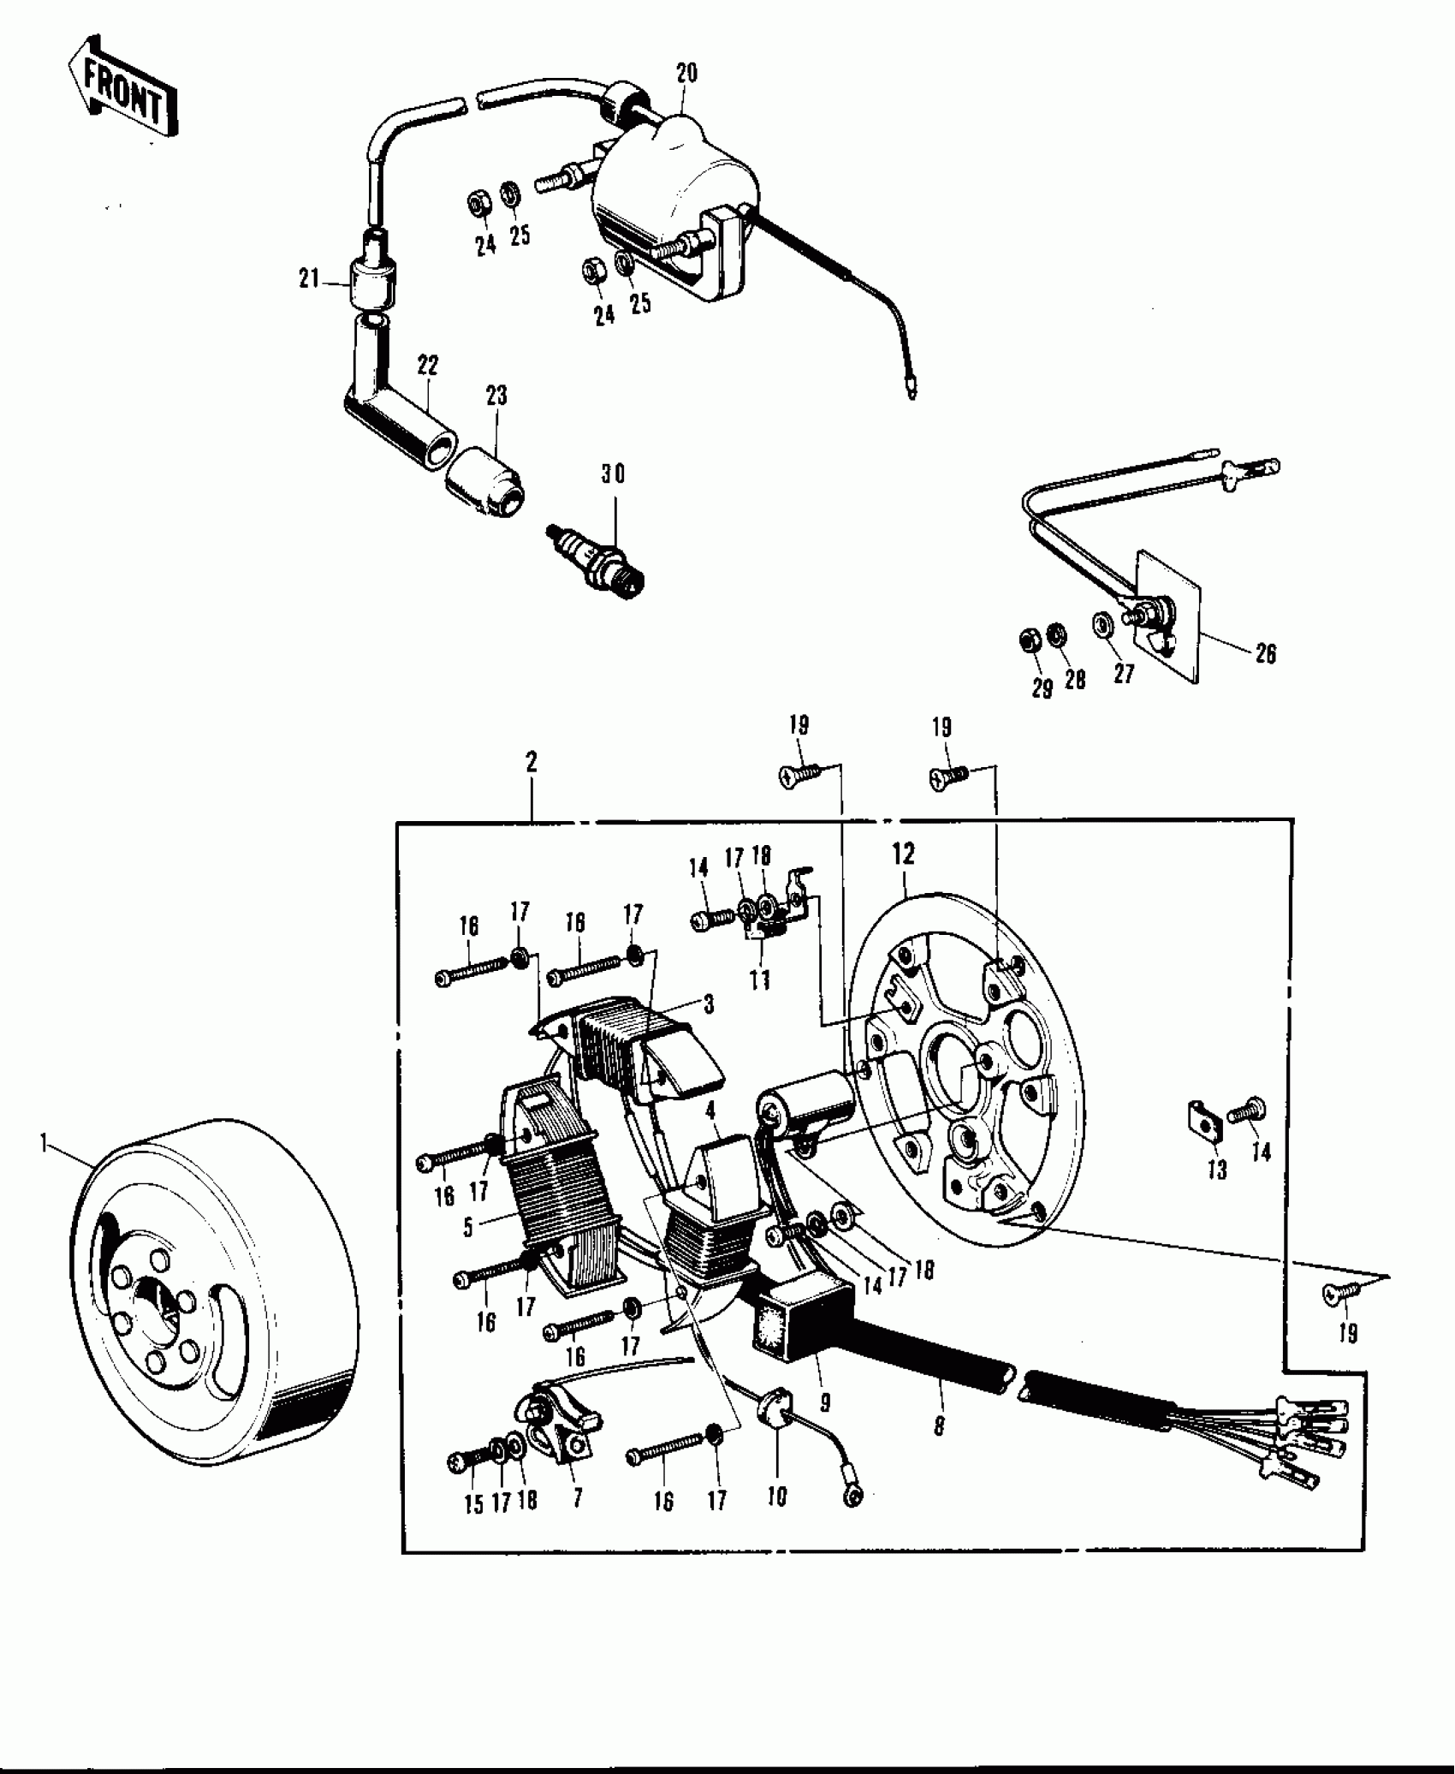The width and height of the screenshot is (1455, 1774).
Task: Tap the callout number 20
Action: [x=686, y=73]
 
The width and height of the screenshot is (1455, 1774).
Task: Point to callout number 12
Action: [x=903, y=854]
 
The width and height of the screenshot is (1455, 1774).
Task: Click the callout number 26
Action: [x=1265, y=654]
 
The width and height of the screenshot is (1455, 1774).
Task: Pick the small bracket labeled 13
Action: [x=1203, y=1124]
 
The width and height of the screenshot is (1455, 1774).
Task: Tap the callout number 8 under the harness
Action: [x=939, y=1426]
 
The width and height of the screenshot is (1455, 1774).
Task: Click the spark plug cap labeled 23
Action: [x=488, y=483]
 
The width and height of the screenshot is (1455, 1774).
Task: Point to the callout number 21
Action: [x=308, y=278]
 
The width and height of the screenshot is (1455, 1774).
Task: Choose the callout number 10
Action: [x=777, y=1497]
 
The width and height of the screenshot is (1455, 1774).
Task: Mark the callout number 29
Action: [x=1042, y=689]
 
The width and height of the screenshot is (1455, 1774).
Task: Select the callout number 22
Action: [x=427, y=366]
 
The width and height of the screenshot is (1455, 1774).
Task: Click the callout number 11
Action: [x=759, y=979]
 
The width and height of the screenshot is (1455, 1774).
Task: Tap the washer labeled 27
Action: [x=1102, y=624]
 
